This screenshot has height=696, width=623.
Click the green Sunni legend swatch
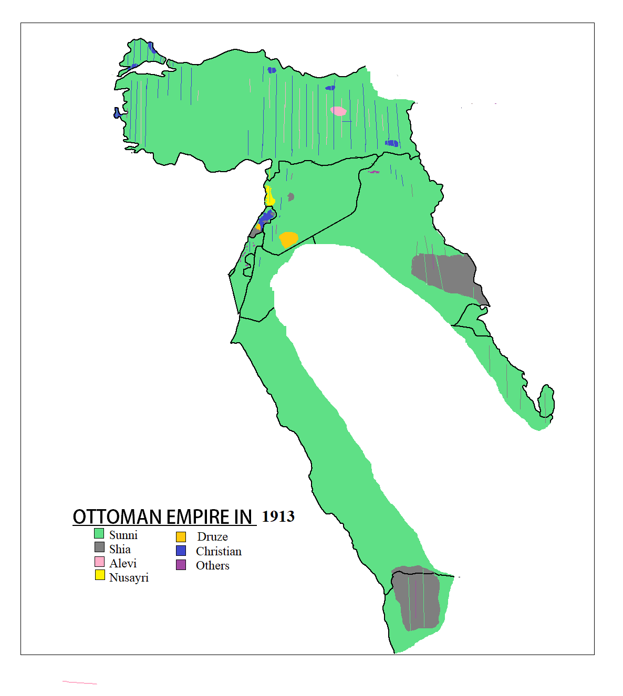(99, 533)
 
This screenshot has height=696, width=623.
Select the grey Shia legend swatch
(99, 547)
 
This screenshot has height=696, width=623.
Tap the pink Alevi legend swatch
(99, 562)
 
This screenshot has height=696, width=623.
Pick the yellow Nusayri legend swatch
(100, 575)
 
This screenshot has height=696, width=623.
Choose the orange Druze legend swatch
(181, 537)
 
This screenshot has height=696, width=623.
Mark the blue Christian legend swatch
(181, 551)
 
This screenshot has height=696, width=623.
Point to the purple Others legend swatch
(181, 565)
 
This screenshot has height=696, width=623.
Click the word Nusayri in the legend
(129, 577)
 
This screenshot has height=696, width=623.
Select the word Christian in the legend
(219, 551)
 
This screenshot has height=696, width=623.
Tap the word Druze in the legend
(212, 536)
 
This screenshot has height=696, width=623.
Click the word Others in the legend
(212, 565)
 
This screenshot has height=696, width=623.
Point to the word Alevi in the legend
(123, 563)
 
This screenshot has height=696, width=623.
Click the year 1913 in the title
(278, 516)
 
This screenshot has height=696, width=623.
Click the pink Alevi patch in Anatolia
(338, 111)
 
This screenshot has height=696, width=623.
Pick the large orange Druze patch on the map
(288, 239)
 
